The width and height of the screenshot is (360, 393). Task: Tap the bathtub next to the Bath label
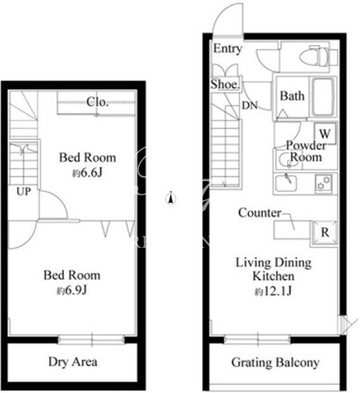coord(323,96)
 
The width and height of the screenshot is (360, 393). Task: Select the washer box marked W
coord(325,133)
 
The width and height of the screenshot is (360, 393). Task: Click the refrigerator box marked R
coord(325,233)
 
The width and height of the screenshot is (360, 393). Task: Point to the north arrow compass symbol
coord(171,198)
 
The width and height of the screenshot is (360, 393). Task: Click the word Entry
coord(227,49)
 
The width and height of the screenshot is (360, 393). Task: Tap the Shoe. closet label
coord(226,85)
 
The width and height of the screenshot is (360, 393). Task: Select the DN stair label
coord(250,105)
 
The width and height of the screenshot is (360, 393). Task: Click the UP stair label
coord(23,191)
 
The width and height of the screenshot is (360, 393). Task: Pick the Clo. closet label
coord(97,102)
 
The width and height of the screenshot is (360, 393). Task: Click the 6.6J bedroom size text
coord(88,173)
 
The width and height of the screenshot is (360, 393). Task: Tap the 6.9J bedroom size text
coord(72,290)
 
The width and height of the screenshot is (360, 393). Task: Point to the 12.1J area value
coord(273,291)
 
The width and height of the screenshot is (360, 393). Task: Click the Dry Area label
coord(73,361)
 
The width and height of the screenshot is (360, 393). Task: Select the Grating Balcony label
coord(275,362)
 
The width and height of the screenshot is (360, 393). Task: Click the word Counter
coord(260,213)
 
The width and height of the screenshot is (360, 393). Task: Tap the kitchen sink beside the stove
coord(286,183)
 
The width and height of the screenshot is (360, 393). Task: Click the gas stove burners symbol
coord(323,183)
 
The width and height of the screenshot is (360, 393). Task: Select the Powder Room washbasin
coord(285,159)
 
